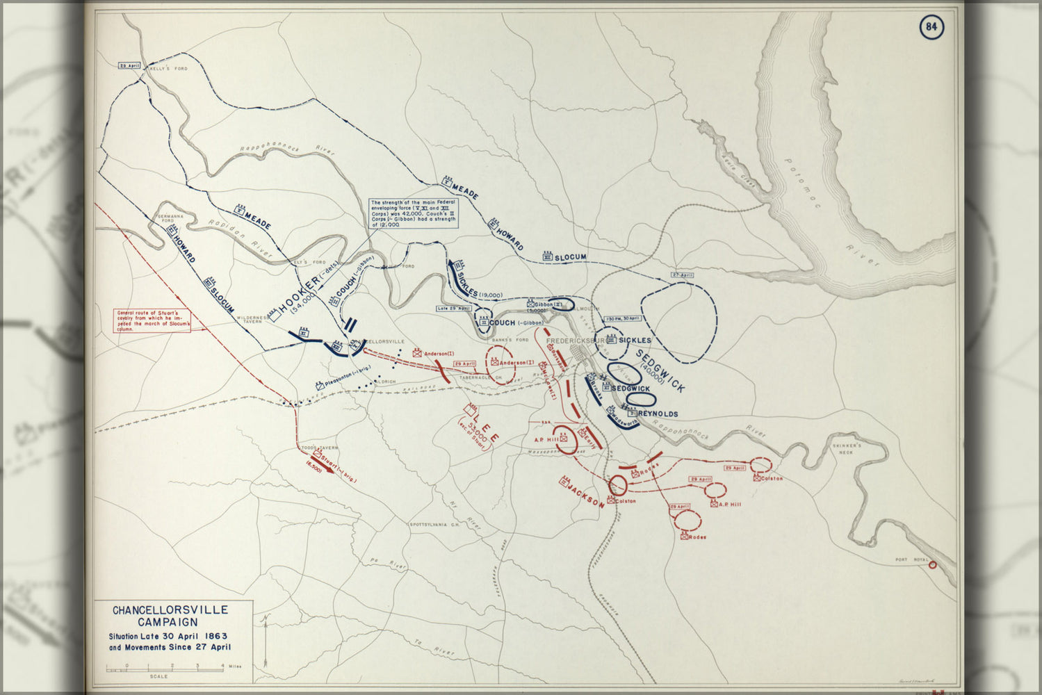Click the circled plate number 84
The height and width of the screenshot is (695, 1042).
click(x=931, y=27)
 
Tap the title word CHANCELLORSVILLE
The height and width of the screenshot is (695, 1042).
click(x=170, y=610)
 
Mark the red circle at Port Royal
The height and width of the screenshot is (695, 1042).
click(x=932, y=565)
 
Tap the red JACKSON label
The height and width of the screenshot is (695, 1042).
click(x=585, y=493)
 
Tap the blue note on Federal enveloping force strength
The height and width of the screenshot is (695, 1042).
click(x=414, y=213)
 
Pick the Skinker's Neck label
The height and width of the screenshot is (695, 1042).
click(x=847, y=448)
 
